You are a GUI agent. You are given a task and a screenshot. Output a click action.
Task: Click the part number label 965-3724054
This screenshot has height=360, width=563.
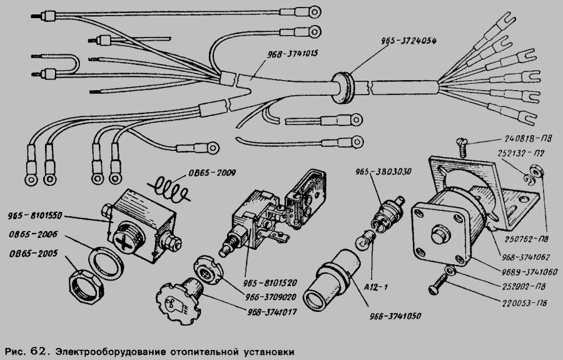(408, 41)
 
